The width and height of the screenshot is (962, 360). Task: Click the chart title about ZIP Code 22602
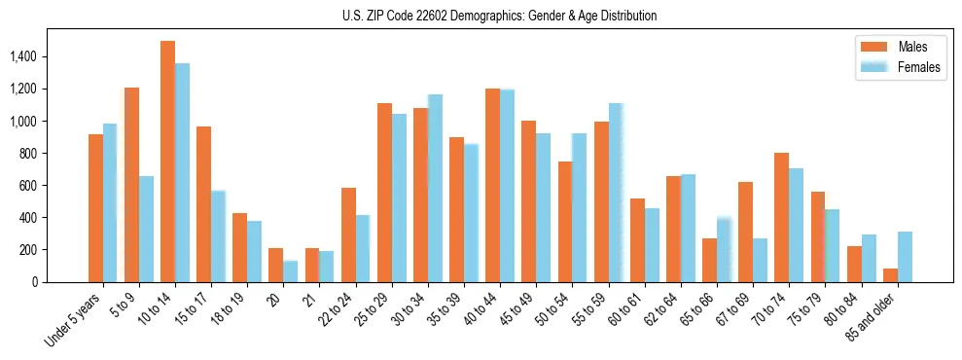click(x=499, y=16)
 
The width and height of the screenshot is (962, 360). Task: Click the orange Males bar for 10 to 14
click(x=167, y=162)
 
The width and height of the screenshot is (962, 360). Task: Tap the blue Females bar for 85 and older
click(x=905, y=257)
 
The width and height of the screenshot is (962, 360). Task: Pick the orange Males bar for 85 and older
click(x=890, y=275)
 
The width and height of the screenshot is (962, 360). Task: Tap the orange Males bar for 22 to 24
click(x=348, y=234)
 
